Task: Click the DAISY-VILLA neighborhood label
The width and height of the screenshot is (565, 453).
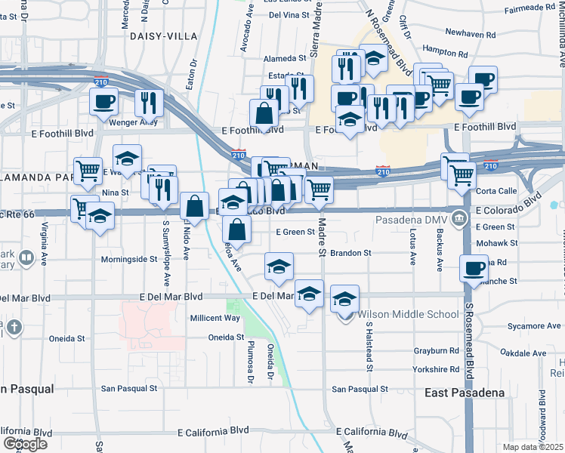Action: tap(163, 36)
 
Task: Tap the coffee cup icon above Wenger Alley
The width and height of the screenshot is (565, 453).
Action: tap(104, 101)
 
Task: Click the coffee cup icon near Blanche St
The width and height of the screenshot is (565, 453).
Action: tap(474, 267)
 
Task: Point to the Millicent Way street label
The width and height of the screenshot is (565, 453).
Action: tap(215, 318)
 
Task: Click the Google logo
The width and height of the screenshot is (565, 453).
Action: tap(25, 443)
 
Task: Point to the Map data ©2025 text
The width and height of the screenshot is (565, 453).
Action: tap(533, 447)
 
